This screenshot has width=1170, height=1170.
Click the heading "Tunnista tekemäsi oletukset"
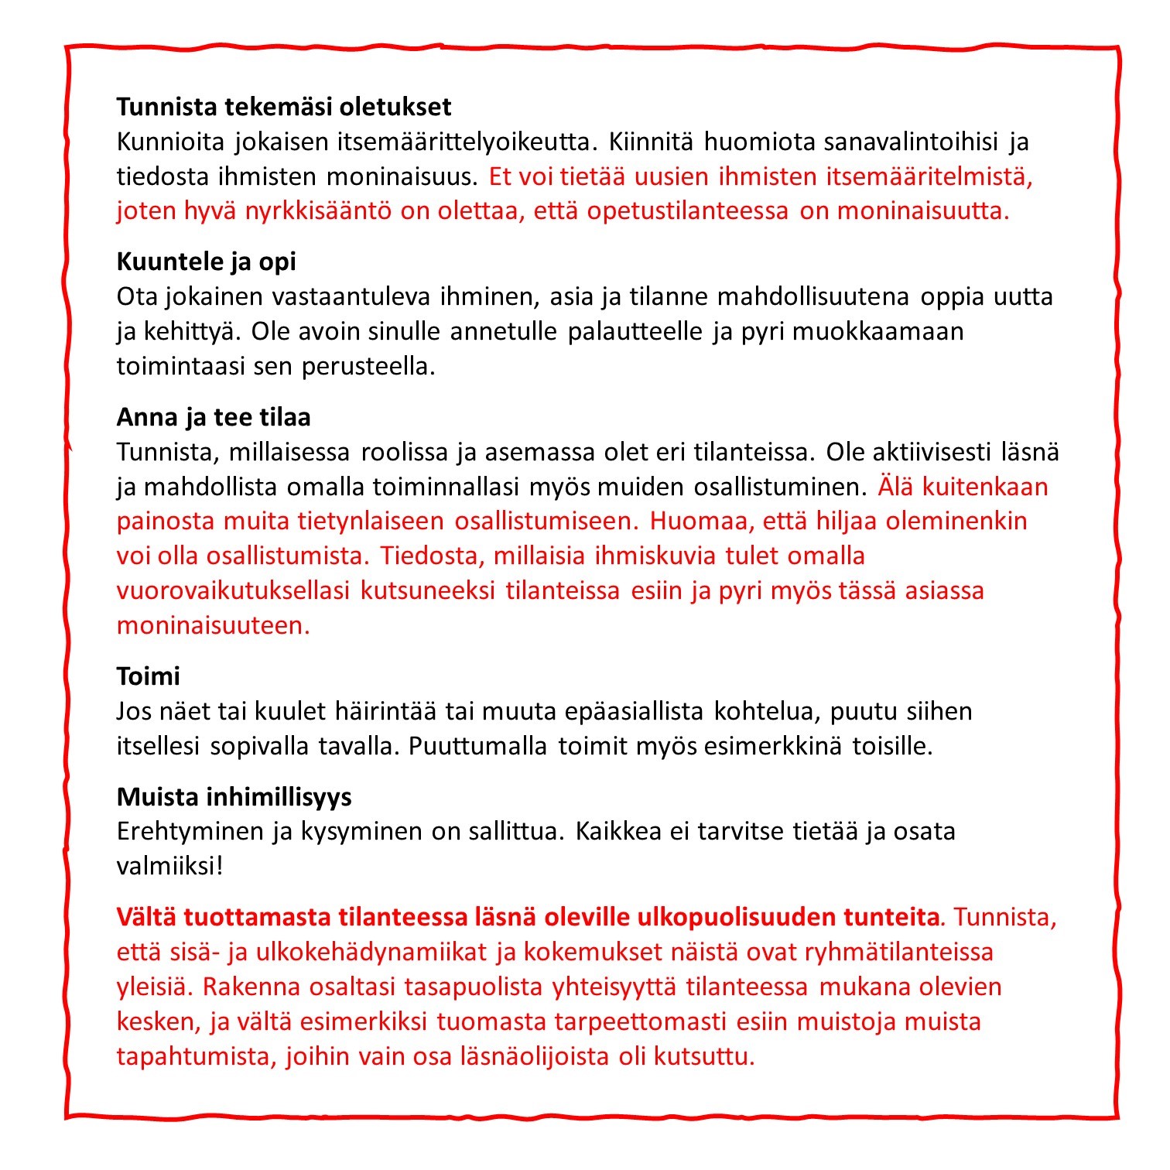coord(284,107)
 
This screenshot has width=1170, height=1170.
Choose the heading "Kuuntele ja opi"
coord(206,262)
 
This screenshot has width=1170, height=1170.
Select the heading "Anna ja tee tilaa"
coord(214,417)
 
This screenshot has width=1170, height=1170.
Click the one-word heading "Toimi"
coord(148,676)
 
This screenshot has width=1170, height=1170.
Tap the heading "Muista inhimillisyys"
coord(234,797)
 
